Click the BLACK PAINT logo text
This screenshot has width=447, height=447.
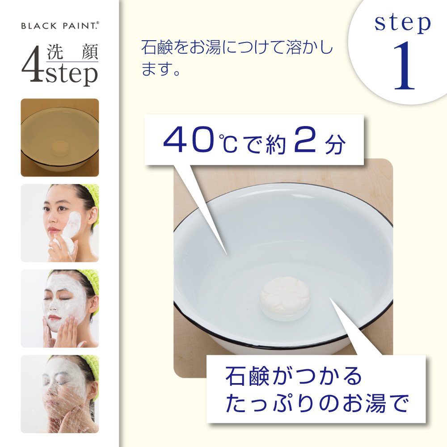click(60, 25)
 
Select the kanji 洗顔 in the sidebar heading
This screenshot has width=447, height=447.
click(72, 52)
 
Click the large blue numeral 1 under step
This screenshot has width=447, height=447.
click(405, 66)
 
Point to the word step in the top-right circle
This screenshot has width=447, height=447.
click(403, 23)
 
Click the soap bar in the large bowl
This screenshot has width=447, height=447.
click(285, 298)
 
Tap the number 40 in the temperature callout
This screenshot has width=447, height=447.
click(189, 140)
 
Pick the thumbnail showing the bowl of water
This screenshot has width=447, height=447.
click(60, 137)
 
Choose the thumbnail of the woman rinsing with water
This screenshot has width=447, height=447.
click(60, 394)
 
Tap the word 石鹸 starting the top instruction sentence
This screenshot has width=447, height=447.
click(157, 47)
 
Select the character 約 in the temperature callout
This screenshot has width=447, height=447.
click(275, 144)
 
